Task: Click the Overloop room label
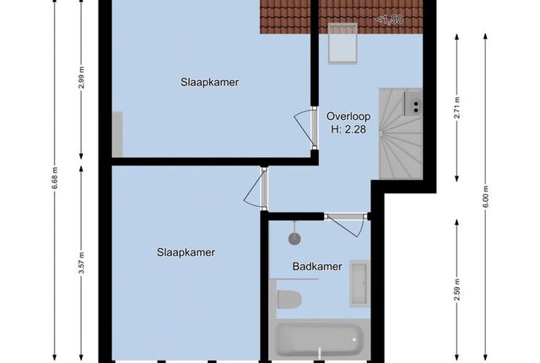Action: click(x=348, y=116)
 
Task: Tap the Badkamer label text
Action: click(x=317, y=266)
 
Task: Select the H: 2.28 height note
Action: click(x=348, y=129)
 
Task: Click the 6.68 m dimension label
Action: click(x=55, y=178)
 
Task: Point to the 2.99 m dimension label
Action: click(x=81, y=78)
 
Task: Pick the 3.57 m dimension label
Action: click(x=81, y=263)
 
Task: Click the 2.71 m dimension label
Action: click(x=457, y=107)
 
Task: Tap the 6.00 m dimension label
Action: click(x=485, y=197)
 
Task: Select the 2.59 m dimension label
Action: click(x=457, y=290)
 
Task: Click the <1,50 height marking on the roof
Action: click(x=389, y=19)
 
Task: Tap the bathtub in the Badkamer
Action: click(x=319, y=339)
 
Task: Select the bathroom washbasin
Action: click(x=360, y=284)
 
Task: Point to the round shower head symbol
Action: click(x=294, y=238)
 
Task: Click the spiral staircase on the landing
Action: click(x=401, y=133)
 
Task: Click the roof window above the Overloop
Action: click(x=343, y=43)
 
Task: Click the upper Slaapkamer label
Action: click(x=209, y=83)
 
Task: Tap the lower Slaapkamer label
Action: click(x=186, y=252)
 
